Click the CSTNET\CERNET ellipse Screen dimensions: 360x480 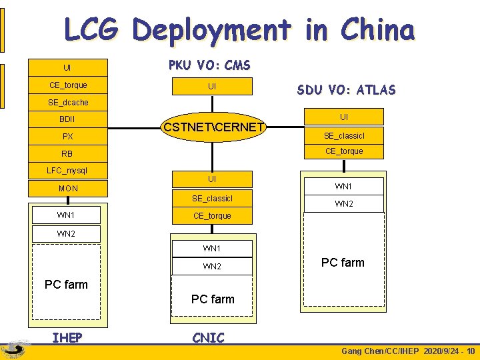pos(213,127)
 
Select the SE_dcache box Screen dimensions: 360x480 pos(67,102)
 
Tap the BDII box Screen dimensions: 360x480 pos(67,119)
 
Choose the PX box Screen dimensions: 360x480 pos(67,137)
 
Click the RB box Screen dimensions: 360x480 pos(67,154)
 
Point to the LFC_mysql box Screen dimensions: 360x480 pos(67,171)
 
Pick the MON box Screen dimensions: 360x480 pos(67,189)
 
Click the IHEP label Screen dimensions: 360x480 pos(67,338)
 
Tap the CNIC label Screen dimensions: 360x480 pos(208,338)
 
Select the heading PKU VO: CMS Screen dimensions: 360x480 pos(209,65)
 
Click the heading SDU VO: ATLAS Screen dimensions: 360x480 pos(345,90)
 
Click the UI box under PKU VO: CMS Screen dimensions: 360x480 pos(212,87)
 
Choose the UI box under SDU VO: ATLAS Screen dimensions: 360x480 pos(344,117)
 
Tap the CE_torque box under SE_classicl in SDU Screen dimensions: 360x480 pos(344,151)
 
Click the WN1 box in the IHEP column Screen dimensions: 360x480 pos(66,215)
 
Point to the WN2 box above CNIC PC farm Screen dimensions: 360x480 pos(212,267)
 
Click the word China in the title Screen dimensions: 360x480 pos(377,30)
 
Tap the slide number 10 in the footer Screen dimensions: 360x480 pos(471,351)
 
